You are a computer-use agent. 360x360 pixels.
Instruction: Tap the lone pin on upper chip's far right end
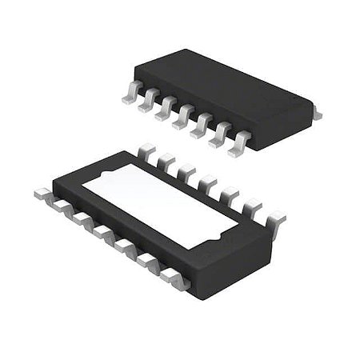[x=316, y=115]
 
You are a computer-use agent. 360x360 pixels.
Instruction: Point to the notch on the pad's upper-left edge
[x=105, y=177]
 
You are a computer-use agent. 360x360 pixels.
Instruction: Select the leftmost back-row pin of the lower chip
[x=146, y=149]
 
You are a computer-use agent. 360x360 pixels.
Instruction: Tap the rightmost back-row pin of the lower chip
[x=274, y=217]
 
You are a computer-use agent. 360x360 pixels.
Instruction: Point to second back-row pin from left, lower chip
[x=166, y=159]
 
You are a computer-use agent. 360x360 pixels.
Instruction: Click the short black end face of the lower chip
[x=232, y=264]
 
